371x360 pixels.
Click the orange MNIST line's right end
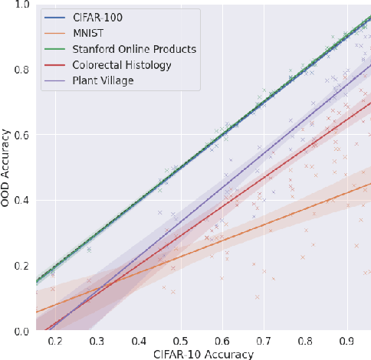pyautogui.click(x=369, y=184)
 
